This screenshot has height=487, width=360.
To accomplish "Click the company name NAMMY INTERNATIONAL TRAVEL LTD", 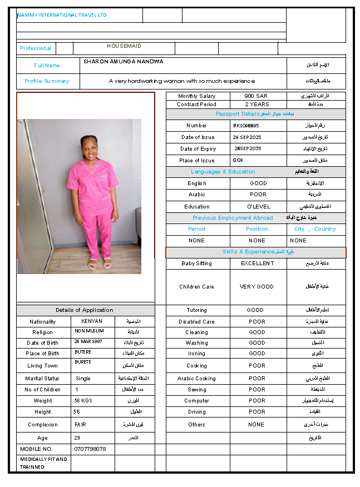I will (x=62, y=15).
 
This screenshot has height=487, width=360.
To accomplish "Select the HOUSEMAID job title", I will (x=124, y=46).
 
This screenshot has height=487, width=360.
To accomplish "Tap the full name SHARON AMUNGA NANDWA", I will (x=124, y=62).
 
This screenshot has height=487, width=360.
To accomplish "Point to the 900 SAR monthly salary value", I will (x=256, y=96).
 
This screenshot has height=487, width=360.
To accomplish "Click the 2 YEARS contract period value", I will (x=257, y=105).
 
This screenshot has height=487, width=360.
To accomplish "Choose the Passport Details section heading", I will (x=255, y=114).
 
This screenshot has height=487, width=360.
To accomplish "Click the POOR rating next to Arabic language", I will (x=258, y=195).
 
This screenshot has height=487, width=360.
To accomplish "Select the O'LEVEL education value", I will (x=258, y=207).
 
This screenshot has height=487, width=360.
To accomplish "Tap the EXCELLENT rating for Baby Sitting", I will (x=257, y=264).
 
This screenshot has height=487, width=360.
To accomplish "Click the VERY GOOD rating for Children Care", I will (x=257, y=287).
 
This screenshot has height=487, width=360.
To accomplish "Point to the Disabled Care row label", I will (x=196, y=322).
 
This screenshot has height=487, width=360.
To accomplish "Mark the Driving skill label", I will (x=196, y=412).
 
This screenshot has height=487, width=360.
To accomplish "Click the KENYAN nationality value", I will (x=92, y=321).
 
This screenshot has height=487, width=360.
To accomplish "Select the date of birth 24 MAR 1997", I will (x=88, y=341).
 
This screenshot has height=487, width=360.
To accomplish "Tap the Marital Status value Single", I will (x=83, y=379).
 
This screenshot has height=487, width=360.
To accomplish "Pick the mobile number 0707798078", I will (x=90, y=449).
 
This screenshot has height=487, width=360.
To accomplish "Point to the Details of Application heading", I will (x=84, y=310).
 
